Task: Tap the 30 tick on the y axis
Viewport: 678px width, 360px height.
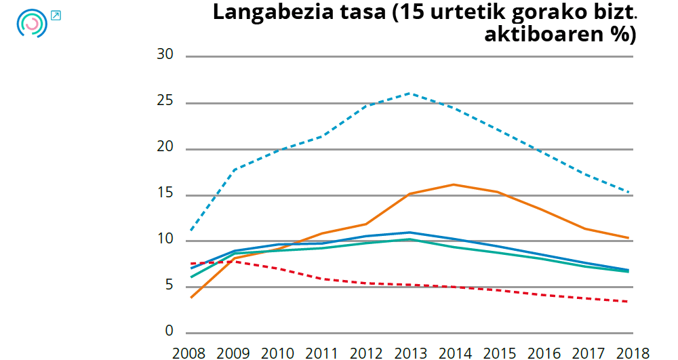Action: (x=165, y=56)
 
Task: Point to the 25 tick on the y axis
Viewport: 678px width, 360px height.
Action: (x=165, y=102)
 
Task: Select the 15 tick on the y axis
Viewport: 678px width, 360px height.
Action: (x=165, y=195)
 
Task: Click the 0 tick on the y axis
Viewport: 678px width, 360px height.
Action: (x=169, y=332)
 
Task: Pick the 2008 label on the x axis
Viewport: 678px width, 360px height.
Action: (x=189, y=353)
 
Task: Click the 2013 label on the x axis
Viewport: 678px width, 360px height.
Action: (x=411, y=353)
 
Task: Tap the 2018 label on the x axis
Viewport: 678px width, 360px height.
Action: (x=632, y=353)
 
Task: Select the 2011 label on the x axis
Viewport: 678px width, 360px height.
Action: (x=322, y=353)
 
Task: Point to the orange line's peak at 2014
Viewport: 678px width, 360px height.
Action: (x=453, y=184)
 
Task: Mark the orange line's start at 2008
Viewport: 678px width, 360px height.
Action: (x=192, y=298)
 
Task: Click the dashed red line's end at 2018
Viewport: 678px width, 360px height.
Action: (x=629, y=302)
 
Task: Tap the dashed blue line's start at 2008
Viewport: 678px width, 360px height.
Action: (x=192, y=231)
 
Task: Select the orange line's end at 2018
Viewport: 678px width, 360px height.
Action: (x=629, y=238)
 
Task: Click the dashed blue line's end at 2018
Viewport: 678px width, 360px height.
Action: (x=629, y=192)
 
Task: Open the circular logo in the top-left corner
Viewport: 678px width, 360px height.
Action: (x=31, y=23)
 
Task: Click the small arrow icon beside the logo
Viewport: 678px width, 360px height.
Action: (x=56, y=15)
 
